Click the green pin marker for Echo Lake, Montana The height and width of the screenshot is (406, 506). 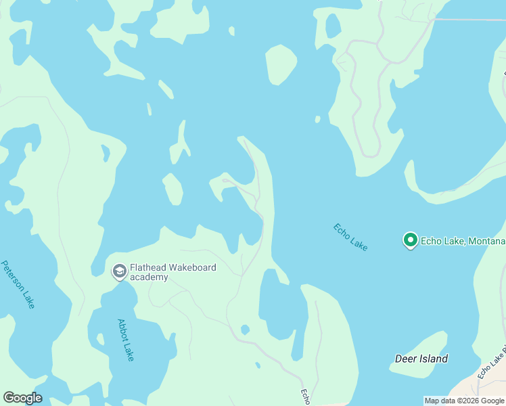coord(409,240)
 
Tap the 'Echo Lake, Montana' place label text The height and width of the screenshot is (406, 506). coord(463,241)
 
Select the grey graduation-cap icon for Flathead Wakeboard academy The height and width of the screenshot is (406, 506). coord(119,271)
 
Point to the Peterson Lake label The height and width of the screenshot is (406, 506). coord(18,284)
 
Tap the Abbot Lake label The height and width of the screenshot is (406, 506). coord(125,340)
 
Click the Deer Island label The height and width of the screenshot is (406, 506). coord(421,359)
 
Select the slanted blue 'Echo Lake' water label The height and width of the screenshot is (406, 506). coord(350,237)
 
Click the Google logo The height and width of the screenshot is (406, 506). coord(22,398)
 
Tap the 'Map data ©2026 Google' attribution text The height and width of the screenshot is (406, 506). coord(464,401)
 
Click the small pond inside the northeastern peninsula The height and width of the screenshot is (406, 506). coord(333,26)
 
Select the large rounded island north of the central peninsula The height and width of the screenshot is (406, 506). coord(281,64)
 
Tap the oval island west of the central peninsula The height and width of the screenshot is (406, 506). coord(173,189)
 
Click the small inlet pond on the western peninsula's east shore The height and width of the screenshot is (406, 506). coord(105,154)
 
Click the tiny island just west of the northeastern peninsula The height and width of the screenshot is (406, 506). coord(317,120)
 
